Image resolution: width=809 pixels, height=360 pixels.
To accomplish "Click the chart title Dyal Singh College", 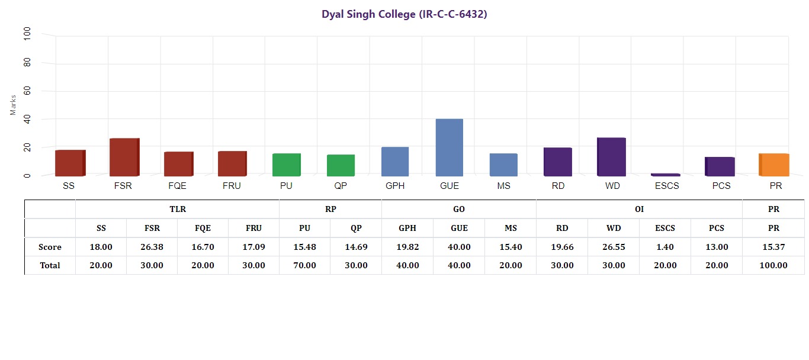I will pos(404,14).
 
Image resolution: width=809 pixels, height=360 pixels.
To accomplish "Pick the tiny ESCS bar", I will pos(666,175).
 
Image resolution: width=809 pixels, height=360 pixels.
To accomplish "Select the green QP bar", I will pos(341,165).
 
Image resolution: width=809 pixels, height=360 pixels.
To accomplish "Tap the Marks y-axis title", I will pos(13,104).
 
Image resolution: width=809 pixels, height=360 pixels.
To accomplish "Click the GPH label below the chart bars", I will pos(395,186).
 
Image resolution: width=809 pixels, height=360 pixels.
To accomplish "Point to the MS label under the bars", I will pos(503,186).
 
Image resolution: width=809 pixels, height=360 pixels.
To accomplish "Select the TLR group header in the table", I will pos(177,210).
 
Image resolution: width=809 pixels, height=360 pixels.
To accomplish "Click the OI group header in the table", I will pos(639,210).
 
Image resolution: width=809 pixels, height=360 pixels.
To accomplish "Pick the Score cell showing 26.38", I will pos(152,247).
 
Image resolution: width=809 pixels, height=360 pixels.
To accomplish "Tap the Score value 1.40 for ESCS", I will pos(664,247).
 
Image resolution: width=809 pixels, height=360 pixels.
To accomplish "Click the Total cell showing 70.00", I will pos(304,265).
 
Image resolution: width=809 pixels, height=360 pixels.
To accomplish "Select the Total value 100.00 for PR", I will pos(773,265).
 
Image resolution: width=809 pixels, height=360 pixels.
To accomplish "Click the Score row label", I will pos(50,247).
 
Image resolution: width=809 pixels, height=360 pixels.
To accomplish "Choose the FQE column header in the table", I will pos(203,228).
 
